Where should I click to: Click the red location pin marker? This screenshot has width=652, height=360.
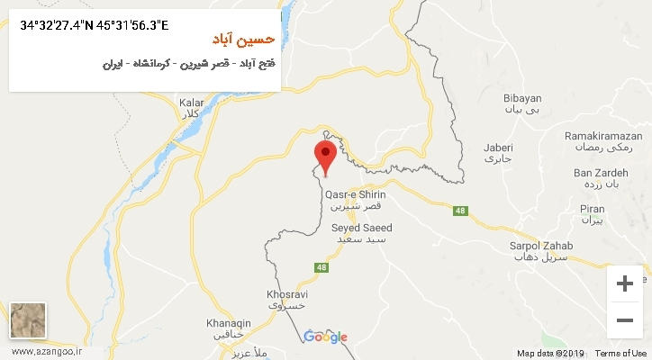pyautogui.click(x=326, y=156)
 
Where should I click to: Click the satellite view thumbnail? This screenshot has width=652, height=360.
pyautogui.click(x=27, y=319)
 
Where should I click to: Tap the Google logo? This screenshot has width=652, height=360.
pyautogui.click(x=325, y=337)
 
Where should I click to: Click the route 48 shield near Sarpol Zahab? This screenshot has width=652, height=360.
pyautogui.click(x=460, y=211)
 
